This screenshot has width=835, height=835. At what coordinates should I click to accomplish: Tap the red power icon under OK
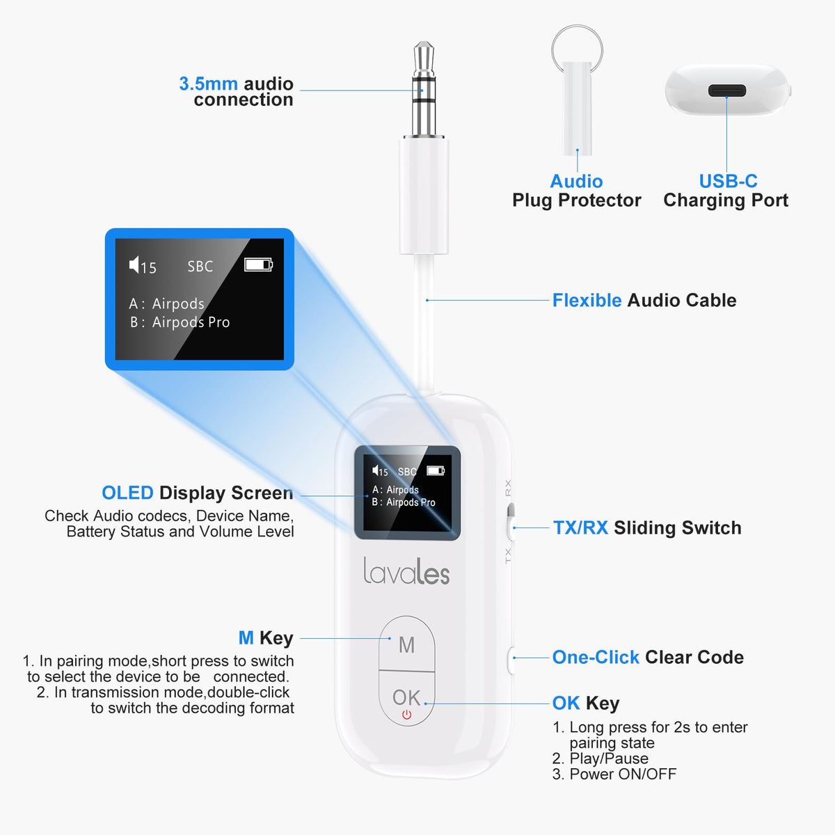406,715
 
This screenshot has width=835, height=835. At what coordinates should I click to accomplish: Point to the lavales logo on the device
406,571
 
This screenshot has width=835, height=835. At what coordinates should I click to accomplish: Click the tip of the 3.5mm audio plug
424,44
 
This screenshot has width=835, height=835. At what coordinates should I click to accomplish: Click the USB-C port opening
727,91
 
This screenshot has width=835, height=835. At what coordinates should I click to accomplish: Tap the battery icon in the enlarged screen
258,264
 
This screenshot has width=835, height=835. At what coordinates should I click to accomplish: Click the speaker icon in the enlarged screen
134,264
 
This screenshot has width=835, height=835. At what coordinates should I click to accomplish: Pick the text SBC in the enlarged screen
200,266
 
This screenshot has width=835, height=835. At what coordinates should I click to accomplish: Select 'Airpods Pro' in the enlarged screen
191,322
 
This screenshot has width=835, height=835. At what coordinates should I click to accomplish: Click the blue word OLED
127,493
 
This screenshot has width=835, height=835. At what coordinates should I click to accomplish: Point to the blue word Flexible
587,301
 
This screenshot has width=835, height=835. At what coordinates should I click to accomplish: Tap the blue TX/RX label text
580,527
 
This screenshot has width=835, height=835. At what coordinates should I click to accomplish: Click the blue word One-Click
596,658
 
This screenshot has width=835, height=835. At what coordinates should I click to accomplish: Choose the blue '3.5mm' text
209,83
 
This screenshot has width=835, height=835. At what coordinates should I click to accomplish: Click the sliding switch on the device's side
511,522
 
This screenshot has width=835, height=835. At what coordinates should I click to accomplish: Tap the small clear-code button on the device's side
511,660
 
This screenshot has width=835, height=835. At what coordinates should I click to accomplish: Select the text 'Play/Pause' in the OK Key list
609,758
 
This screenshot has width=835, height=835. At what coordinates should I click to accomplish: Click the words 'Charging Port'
726,200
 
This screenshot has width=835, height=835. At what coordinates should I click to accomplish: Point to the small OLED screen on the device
407,493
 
